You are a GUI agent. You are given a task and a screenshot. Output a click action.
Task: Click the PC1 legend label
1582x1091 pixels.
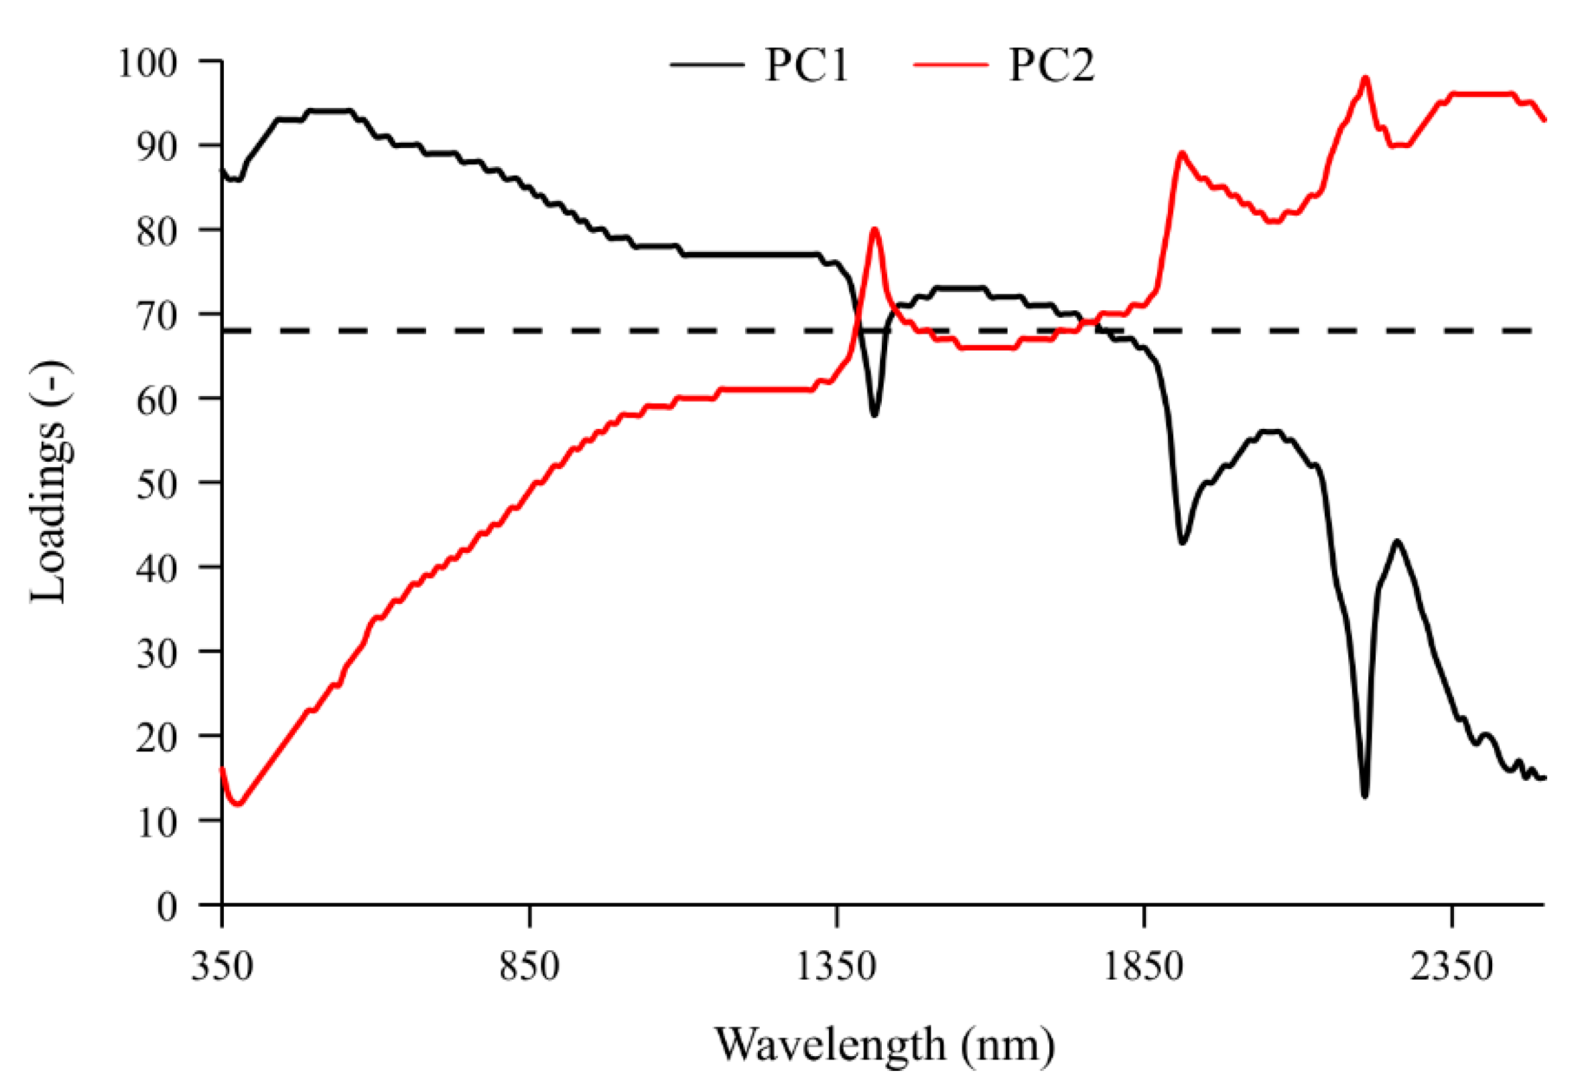click(x=805, y=66)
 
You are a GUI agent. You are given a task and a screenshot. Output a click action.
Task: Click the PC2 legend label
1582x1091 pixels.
click(x=1051, y=66)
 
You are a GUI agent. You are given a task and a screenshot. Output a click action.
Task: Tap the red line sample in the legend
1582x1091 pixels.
click(x=951, y=65)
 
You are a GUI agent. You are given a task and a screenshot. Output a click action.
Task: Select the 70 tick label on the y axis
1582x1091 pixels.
click(x=157, y=315)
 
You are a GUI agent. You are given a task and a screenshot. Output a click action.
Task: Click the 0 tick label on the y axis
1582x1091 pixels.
click(x=167, y=907)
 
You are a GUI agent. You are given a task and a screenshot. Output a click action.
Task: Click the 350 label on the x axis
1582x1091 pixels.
click(x=222, y=967)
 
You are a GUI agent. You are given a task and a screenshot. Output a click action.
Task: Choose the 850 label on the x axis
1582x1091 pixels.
click(x=529, y=967)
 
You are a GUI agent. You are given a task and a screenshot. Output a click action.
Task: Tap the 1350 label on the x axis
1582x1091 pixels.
click(x=836, y=967)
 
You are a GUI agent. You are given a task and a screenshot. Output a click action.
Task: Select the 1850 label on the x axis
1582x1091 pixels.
click(x=1144, y=967)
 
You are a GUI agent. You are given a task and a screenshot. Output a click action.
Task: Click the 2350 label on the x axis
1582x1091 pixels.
click(x=1451, y=967)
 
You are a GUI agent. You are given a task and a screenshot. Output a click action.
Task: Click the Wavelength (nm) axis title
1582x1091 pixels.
click(x=884, y=1045)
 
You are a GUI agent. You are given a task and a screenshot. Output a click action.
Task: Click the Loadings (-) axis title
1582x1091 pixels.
click(x=49, y=483)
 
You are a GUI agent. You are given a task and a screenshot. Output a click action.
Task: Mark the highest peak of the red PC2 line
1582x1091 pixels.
click(x=1366, y=78)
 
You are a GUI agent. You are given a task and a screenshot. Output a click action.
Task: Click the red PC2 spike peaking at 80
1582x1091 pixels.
click(x=874, y=229)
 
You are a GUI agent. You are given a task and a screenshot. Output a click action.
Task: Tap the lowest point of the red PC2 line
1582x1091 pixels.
click(x=237, y=804)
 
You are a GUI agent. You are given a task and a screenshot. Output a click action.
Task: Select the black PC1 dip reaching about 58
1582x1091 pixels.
click(x=874, y=415)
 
